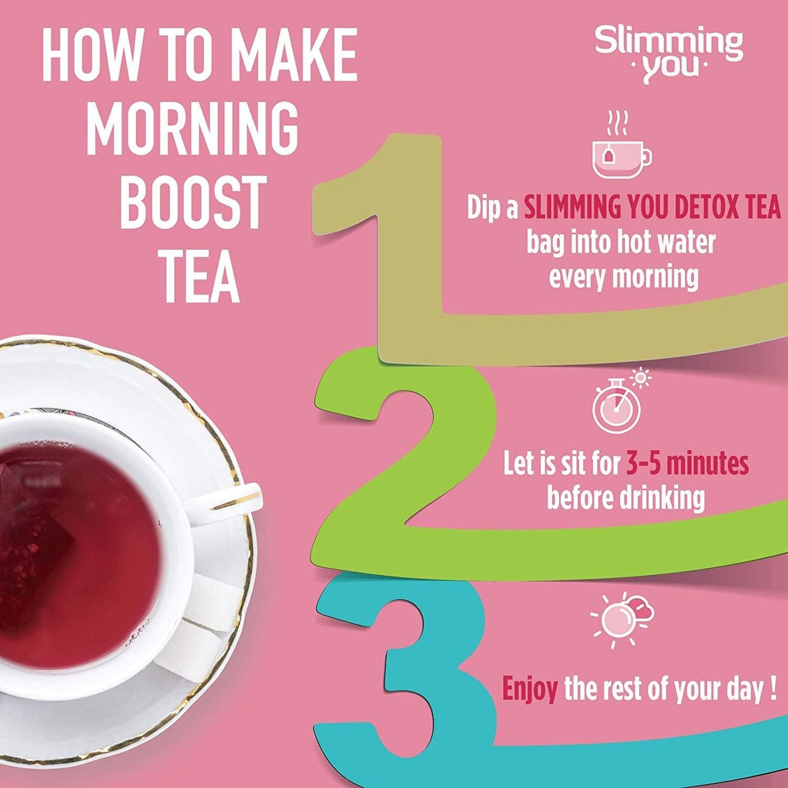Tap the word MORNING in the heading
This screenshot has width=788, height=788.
pyautogui.click(x=192, y=129)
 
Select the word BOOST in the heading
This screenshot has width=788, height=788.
pyautogui.click(x=193, y=203)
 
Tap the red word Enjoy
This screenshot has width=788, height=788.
pyautogui.click(x=529, y=689)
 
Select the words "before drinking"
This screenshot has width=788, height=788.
pyautogui.click(x=625, y=498)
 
